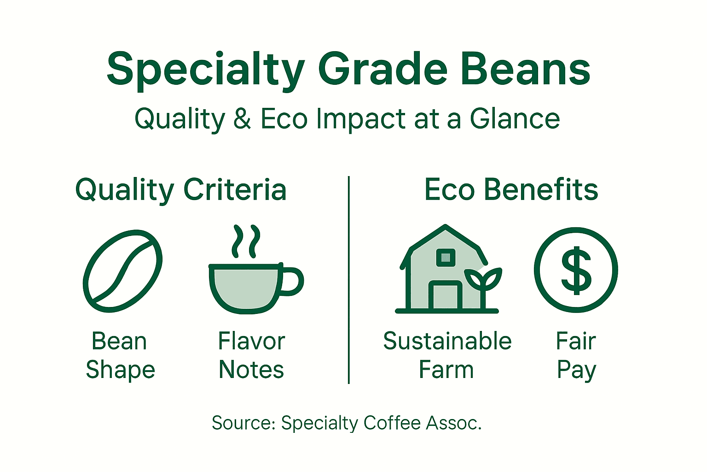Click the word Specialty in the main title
[x=205, y=70]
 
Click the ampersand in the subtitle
[x=242, y=119]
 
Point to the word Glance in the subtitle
[x=515, y=119]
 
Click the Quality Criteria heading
[x=181, y=190]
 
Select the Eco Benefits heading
[x=511, y=190]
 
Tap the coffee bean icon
[x=122, y=270]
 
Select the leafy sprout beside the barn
[x=483, y=281]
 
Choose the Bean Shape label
[x=120, y=355]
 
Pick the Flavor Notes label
[x=251, y=355]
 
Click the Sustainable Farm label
[x=447, y=355]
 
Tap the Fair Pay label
[x=576, y=355]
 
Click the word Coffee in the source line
[x=392, y=423]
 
